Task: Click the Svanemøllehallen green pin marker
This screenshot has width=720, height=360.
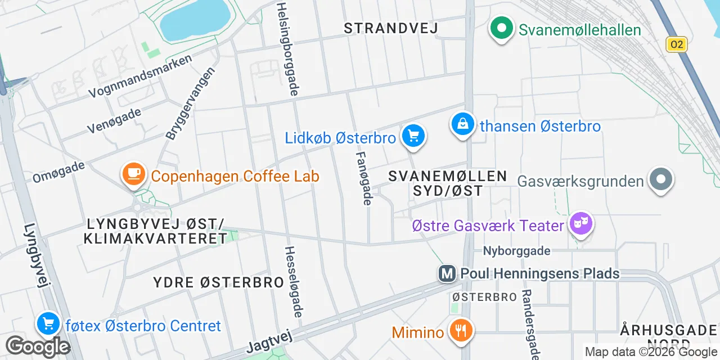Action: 501,28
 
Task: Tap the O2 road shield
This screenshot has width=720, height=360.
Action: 676,44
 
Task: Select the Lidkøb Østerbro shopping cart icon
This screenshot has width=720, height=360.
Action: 413,136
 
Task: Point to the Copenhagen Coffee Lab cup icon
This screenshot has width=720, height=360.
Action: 134,174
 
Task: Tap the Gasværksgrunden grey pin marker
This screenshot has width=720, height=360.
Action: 661,179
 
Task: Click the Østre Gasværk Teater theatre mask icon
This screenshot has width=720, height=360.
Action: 580,224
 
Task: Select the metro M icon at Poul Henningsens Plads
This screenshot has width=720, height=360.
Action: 447,274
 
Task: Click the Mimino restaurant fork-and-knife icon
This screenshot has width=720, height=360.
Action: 461,330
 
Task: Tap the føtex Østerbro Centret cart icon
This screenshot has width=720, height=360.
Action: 48,323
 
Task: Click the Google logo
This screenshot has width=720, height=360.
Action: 38,346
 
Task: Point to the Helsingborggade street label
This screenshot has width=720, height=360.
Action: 287,48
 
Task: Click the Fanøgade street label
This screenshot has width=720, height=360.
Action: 364,177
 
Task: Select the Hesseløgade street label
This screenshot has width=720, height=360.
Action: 294,281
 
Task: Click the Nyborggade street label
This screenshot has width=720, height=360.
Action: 516,251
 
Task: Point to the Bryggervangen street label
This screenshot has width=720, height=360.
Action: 191,104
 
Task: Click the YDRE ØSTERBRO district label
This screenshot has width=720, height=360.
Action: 218,282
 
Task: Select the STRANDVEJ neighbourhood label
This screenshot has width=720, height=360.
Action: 390,28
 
